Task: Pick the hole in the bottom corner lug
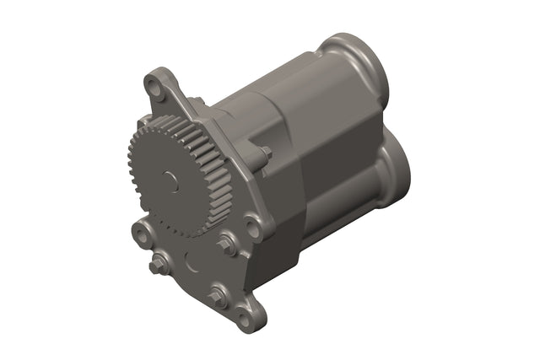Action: (x=244, y=319)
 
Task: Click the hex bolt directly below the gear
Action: (x=226, y=246)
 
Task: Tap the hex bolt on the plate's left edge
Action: (x=156, y=267)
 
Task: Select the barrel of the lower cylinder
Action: (x=346, y=211)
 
